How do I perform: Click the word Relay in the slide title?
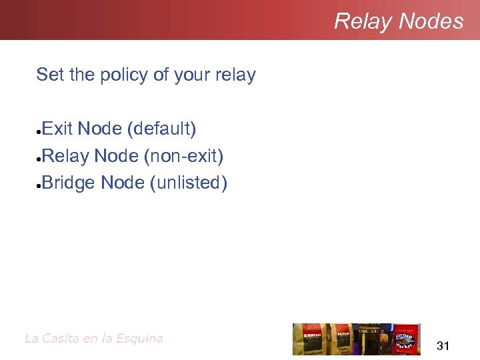pyautogui.click(x=363, y=21)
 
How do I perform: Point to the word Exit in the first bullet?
pyautogui.click(x=57, y=128)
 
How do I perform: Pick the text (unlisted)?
pyautogui.click(x=189, y=183)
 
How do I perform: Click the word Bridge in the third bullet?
pyautogui.click(x=69, y=183)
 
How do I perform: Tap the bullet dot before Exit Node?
pyautogui.click(x=39, y=130)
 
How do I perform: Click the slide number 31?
pyautogui.click(x=443, y=345)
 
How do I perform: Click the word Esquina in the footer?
pyautogui.click(x=139, y=338)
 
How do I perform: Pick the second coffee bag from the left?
pyautogui.click(x=344, y=339)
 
